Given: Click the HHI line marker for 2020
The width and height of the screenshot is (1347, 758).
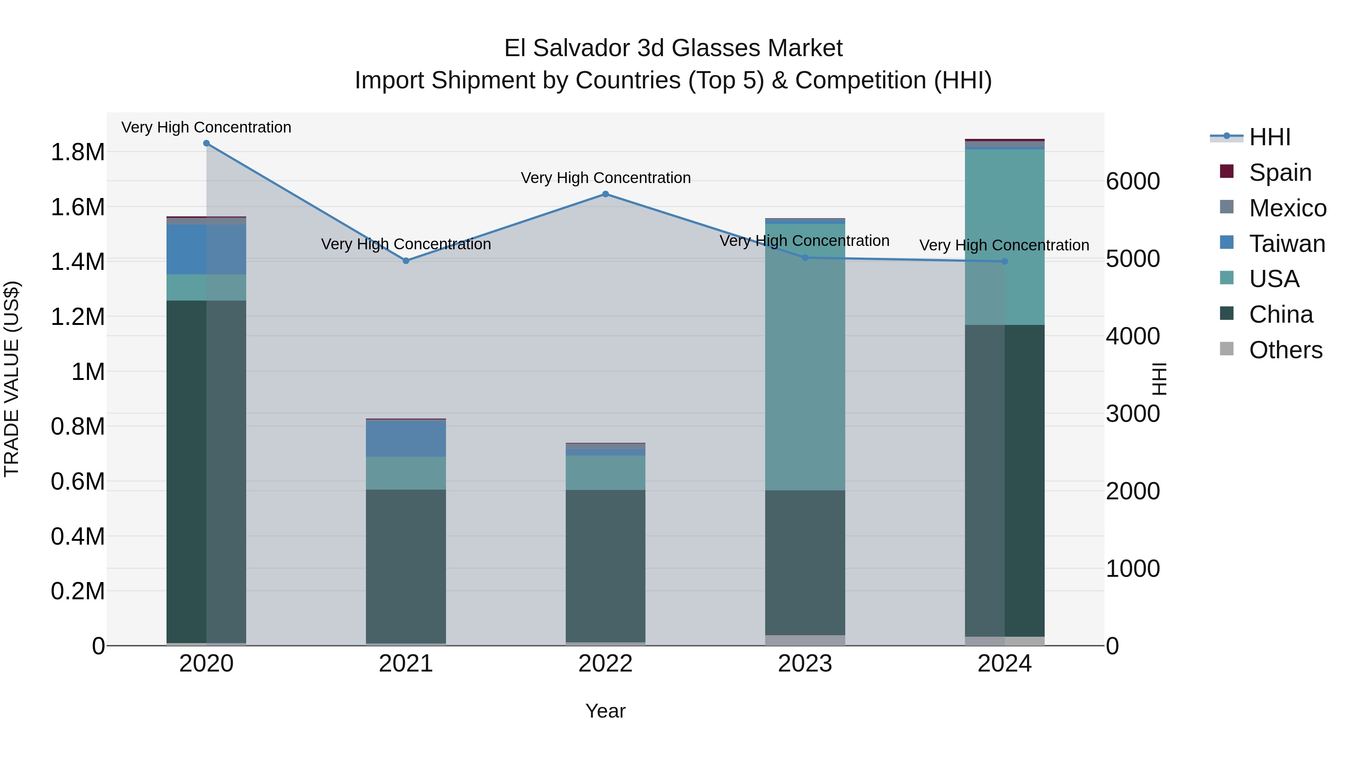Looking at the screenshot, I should pos(206,143).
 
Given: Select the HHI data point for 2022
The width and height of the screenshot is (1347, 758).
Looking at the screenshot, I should pos(605,194).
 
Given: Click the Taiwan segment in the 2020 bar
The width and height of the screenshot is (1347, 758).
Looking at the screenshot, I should pos(206,250).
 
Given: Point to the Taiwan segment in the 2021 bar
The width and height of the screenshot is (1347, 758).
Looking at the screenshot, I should pos(406,438).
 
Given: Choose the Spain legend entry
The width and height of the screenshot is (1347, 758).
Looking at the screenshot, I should pos(1280,173).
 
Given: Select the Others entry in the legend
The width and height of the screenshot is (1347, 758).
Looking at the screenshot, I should pos(1285,350).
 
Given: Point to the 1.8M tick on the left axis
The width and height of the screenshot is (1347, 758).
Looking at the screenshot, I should pos(77,152).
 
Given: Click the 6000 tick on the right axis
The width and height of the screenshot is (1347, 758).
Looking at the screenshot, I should pos(1133,182).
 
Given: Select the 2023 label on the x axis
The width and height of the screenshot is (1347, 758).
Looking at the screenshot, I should pos(805,664).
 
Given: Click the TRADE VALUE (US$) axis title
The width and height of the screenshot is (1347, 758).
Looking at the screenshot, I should pos(12,379).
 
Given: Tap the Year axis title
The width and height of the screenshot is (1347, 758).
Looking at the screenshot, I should pos(605,711).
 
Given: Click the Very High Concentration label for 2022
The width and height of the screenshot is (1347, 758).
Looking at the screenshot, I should pos(605,178).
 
